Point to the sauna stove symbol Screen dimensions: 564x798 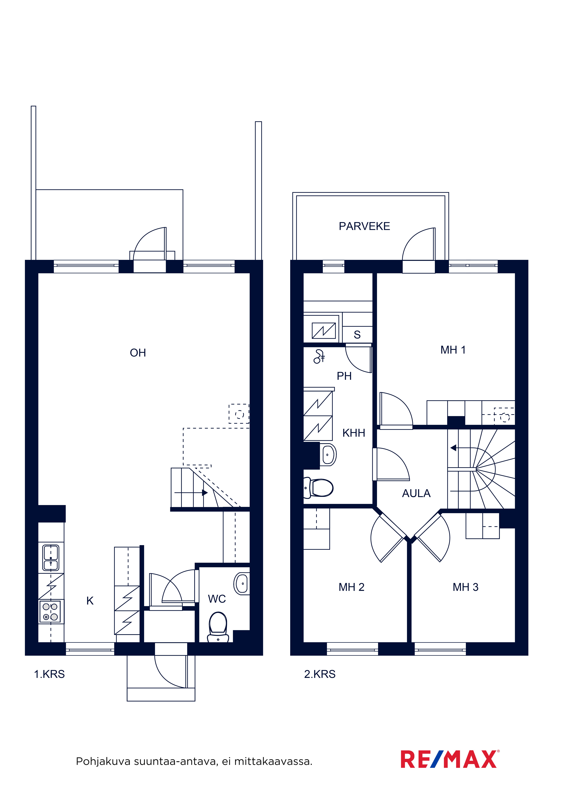coord(324,331)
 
